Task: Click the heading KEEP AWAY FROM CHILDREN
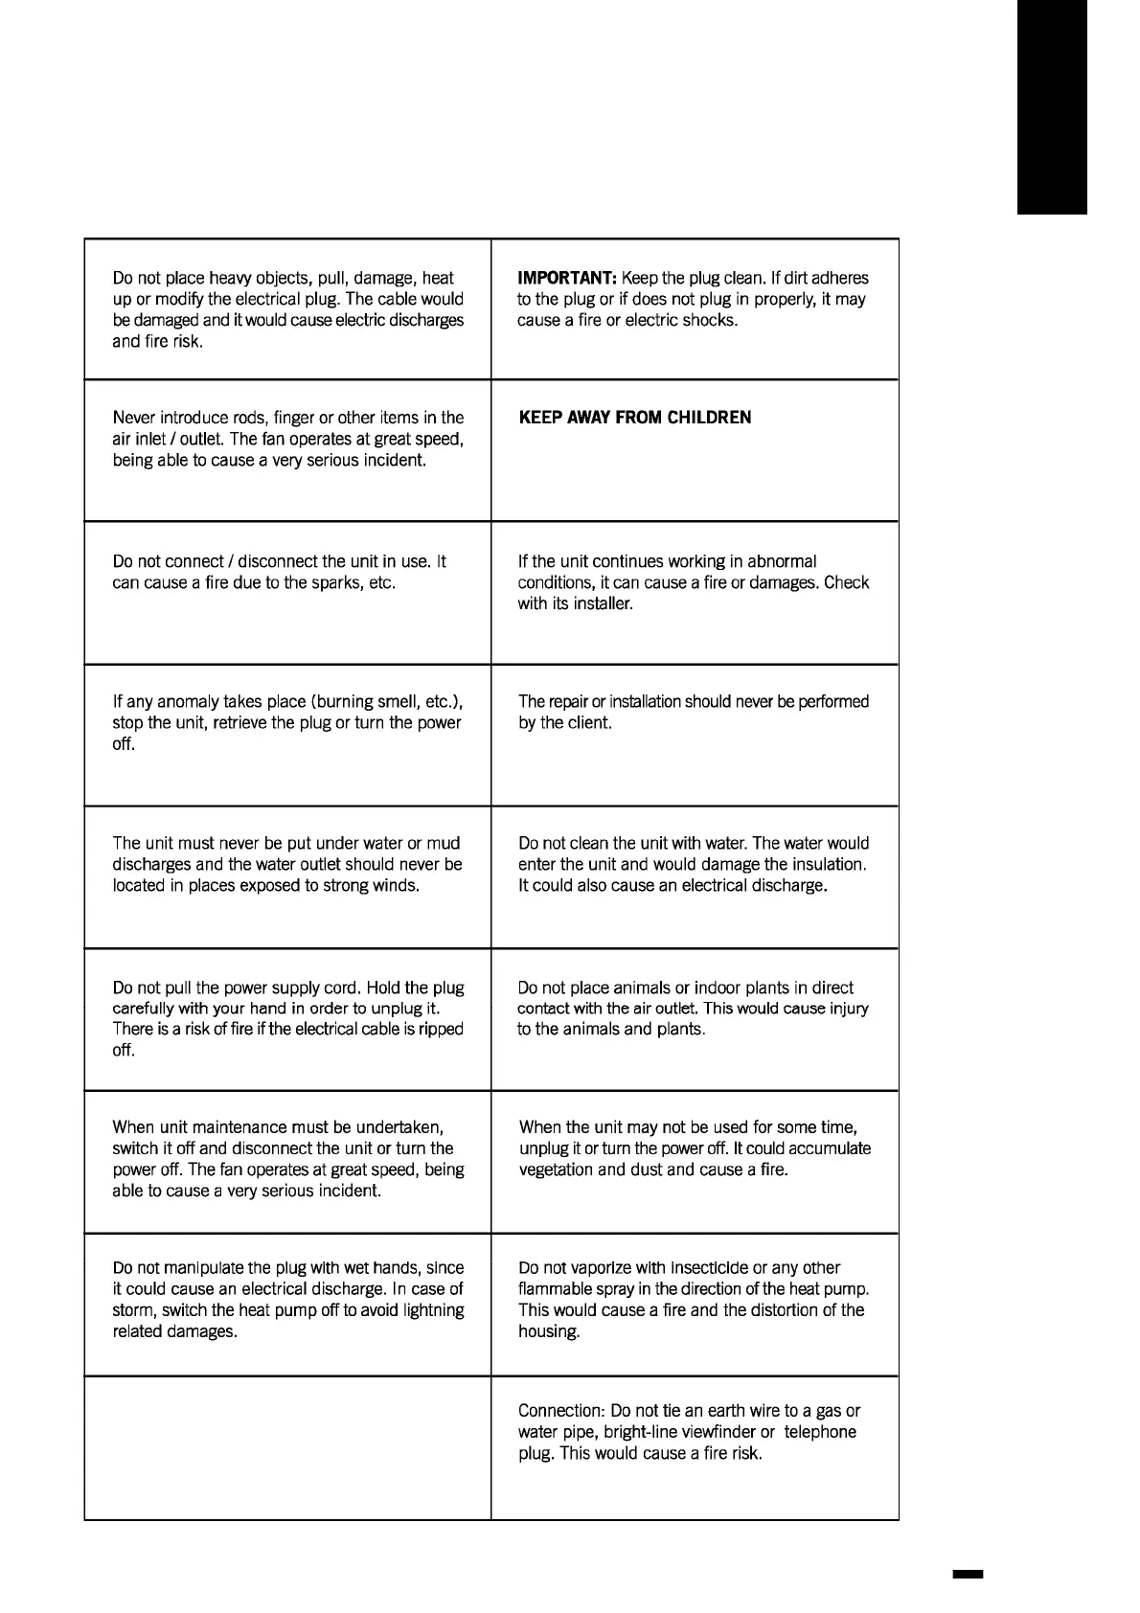(635, 418)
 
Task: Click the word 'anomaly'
(188, 702)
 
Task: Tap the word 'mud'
(444, 844)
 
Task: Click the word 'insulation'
(828, 865)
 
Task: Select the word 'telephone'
(820, 1432)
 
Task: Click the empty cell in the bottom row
(287, 1448)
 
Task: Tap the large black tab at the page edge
(1052, 107)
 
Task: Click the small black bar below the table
(968, 1574)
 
